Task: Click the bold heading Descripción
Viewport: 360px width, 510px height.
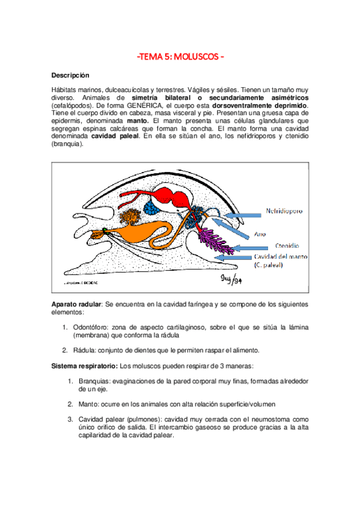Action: point(70,76)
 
